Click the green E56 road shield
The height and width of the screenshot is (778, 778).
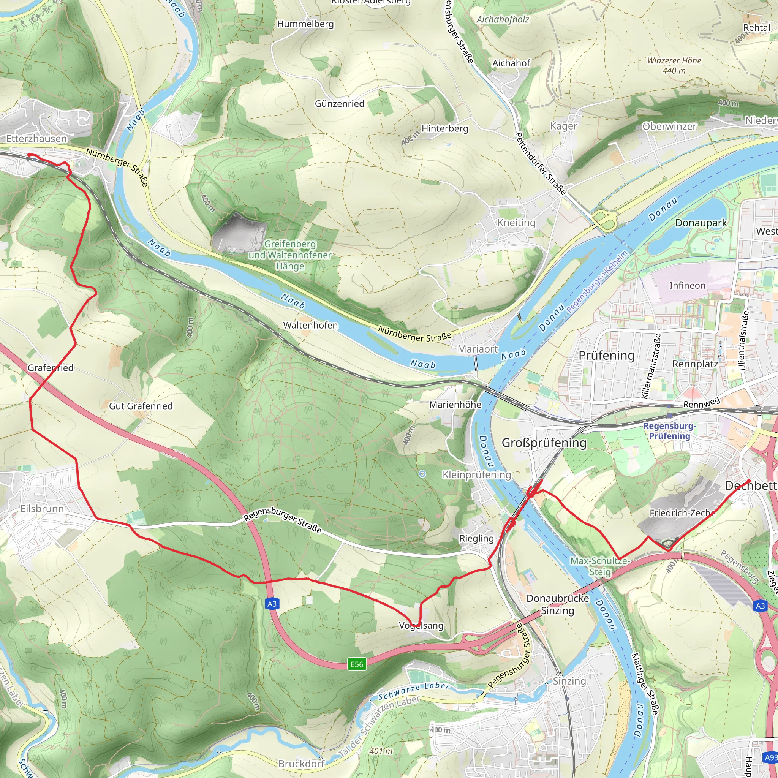(357, 664)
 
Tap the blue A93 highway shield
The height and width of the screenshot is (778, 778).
(771, 757)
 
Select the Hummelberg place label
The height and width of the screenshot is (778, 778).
(305, 24)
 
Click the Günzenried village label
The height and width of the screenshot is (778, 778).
(340, 104)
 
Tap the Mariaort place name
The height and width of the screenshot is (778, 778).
(478, 349)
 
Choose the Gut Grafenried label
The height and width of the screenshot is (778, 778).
(141, 406)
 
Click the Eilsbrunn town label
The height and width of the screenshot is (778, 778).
(42, 509)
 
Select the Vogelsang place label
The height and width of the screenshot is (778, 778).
(421, 625)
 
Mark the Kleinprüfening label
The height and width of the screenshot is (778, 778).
(477, 475)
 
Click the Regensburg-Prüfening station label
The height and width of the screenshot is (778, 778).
(669, 431)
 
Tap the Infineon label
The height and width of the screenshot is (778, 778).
(687, 286)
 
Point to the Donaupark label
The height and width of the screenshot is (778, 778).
(701, 223)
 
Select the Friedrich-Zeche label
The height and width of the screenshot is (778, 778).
(683, 513)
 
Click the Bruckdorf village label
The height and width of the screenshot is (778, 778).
(301, 764)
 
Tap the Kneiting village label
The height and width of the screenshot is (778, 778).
(516, 223)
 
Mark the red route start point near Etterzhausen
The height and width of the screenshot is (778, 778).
(29, 155)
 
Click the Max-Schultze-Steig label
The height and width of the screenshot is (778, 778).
(600, 566)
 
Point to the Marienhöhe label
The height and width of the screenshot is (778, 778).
(455, 405)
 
